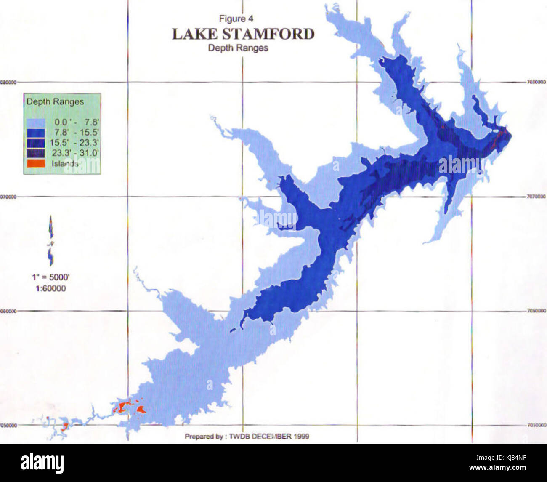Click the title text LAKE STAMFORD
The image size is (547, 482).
point(243,34)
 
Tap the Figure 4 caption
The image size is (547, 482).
point(236,19)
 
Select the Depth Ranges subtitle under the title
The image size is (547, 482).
point(238,48)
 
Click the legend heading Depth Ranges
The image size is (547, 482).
point(55,102)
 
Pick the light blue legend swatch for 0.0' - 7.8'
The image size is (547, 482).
point(36,122)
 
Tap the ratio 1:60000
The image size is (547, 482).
point(51,288)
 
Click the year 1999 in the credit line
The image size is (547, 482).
point(302,437)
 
